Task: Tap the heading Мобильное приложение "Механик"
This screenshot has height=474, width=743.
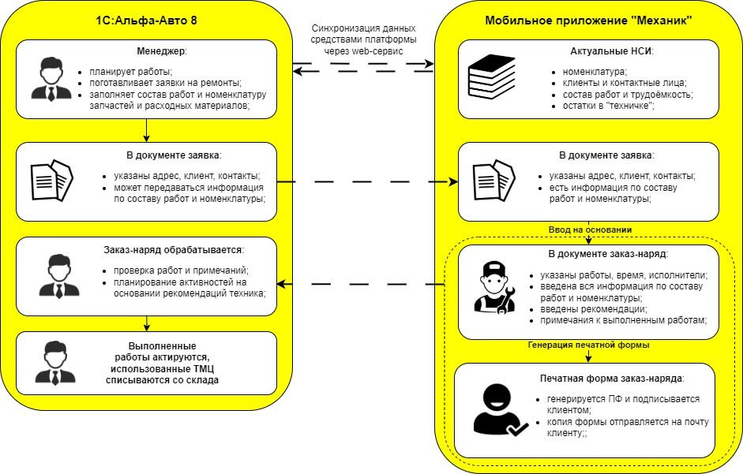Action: [x=588, y=21]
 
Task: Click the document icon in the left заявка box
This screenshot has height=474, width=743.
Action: [x=52, y=181]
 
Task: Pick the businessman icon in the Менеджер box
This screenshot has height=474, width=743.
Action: [x=51, y=78]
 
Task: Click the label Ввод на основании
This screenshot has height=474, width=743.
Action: [x=589, y=230]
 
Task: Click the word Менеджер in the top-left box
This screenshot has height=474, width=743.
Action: [x=161, y=51]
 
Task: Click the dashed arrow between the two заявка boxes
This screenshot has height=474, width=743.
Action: [x=367, y=182]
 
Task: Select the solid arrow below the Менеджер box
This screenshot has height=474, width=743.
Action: [x=147, y=129]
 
